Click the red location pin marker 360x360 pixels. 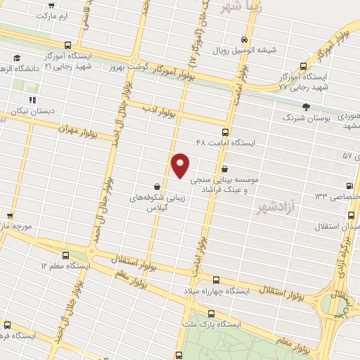coord(181,165)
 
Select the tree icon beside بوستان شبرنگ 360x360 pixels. coord(306,107)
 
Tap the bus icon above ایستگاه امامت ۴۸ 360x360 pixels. coord(225,131)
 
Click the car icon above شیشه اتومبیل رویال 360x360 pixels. coord(244,39)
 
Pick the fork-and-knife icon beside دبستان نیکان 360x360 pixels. coord(32,101)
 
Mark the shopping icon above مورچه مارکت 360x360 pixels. coord(10,216)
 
